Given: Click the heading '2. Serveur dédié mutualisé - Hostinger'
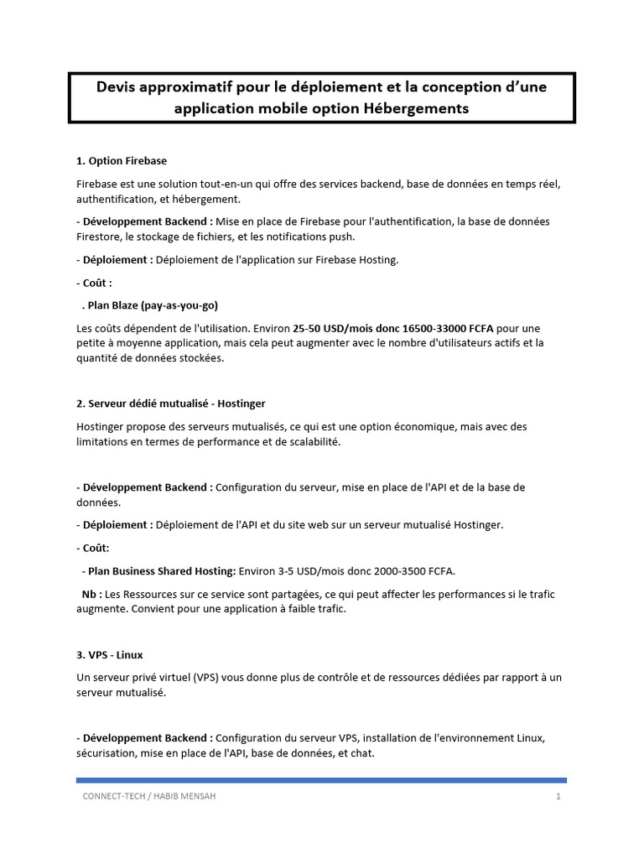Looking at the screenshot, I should click(170, 403).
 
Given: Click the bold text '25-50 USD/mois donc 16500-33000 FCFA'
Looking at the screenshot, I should click(397, 327).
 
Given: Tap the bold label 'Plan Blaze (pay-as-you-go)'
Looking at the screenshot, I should click(154, 305).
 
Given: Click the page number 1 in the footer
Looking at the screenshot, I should click(558, 796).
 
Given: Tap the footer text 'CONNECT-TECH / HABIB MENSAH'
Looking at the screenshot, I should click(148, 796).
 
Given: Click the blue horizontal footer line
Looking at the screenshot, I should click(321, 780).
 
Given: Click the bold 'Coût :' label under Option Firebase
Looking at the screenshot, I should click(94, 283).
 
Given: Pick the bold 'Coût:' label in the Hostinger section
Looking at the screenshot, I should click(93, 548).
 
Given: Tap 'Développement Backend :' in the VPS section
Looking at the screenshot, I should click(144, 737).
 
